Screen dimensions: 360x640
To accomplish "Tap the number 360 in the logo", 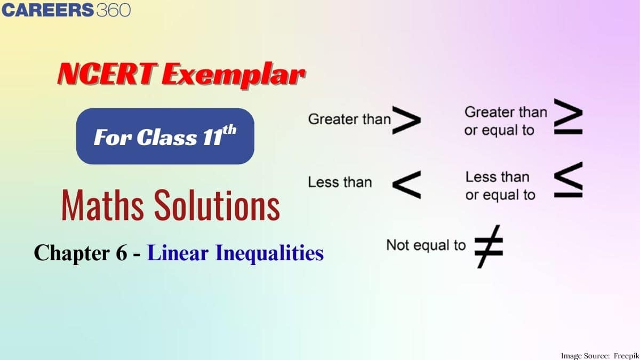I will (113, 10).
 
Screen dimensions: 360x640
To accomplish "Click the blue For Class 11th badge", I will (165, 137).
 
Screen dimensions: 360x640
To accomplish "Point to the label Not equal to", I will (426, 245).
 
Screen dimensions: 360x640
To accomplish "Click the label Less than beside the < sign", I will (340, 182).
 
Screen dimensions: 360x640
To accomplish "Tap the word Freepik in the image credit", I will (622, 355).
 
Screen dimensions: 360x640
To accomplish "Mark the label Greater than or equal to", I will (505, 121).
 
